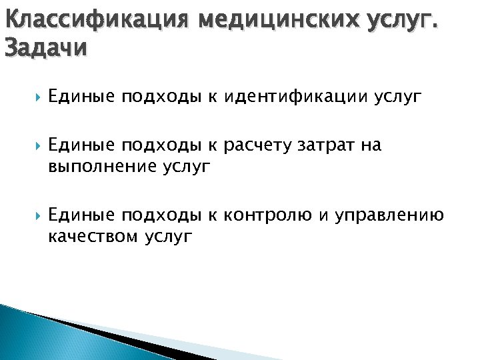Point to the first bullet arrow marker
(x=33, y=97)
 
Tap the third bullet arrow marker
(x=33, y=215)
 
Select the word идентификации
(x=295, y=97)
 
